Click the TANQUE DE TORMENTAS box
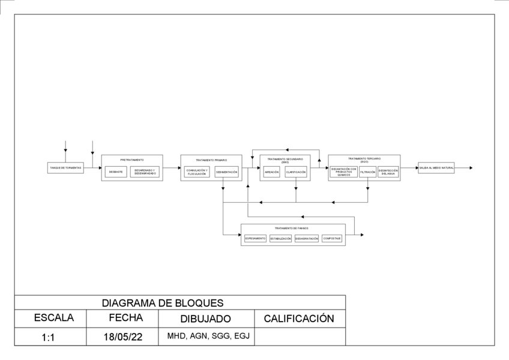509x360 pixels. point(65,168)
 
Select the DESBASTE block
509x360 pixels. point(116,172)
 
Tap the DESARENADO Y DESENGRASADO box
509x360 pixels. point(145,172)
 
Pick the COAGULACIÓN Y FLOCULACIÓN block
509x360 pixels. point(197,172)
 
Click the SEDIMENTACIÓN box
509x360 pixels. point(227,172)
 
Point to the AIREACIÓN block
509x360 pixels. point(271,172)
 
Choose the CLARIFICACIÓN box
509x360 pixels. point(296,172)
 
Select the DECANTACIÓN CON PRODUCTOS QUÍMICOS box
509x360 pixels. point(344,172)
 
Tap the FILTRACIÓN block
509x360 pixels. point(368,172)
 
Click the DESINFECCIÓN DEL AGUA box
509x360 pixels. point(388,172)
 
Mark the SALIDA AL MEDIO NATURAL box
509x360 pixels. point(436,168)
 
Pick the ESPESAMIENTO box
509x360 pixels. point(255,238)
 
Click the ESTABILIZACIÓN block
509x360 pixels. point(280,238)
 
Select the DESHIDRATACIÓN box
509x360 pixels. point(307,238)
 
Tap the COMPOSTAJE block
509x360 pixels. point(332,238)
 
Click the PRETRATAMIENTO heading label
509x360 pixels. point(132,160)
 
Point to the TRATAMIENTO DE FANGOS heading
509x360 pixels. point(292,229)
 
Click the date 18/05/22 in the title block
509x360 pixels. point(123,337)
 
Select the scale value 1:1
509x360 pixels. point(49,337)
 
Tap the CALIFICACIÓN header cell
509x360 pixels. point(299,319)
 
